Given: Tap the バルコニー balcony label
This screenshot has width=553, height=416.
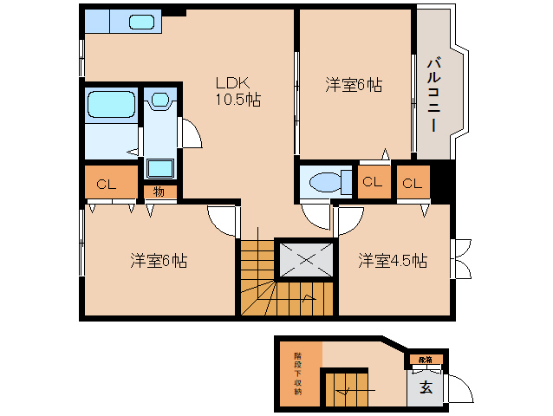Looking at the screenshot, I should pyautogui.click(x=433, y=95).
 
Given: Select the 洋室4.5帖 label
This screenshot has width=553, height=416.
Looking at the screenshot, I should pyautogui.click(x=394, y=260).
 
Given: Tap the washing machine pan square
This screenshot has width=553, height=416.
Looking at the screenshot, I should pyautogui.click(x=159, y=167).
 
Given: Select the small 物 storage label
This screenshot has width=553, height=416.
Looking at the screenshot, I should pyautogui.click(x=159, y=192).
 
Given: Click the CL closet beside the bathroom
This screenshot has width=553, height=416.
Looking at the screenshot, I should pyautogui.click(x=107, y=184).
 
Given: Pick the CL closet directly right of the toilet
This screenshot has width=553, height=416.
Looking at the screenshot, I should pyautogui.click(x=372, y=182).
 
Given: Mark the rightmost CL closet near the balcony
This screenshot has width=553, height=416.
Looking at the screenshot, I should pyautogui.click(x=413, y=183).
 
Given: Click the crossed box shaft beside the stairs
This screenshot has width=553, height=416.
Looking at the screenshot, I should pyautogui.click(x=304, y=257).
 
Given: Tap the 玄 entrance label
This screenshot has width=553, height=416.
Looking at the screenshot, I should pyautogui.click(x=426, y=387).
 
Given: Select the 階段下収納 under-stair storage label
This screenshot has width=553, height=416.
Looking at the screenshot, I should pyautogui.click(x=298, y=374).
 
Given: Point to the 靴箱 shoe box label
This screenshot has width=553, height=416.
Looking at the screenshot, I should pyautogui.click(x=425, y=359).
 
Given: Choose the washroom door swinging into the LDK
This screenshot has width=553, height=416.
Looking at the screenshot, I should pyautogui.click(x=190, y=132).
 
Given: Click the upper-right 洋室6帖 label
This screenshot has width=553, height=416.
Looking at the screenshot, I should pyautogui.click(x=355, y=85).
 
